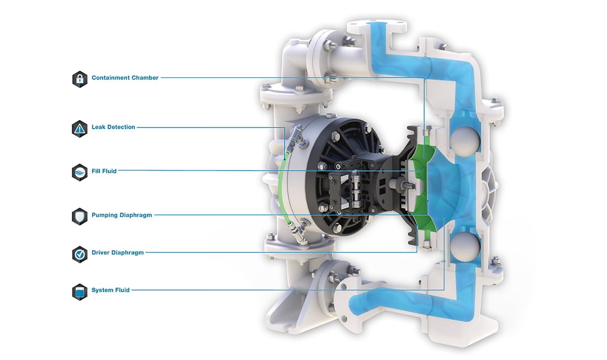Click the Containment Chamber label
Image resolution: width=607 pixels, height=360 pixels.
coord(125,78)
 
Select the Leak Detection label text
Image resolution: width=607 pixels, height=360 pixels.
coord(113,127)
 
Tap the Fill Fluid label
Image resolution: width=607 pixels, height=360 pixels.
coord(104,171)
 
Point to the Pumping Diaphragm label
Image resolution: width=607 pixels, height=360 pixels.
coord(122,215)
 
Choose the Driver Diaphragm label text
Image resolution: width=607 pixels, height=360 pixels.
coord(118,252)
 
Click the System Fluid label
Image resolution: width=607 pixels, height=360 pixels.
coord(110,290)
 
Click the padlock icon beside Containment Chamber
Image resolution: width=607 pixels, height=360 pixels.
coord(80,78)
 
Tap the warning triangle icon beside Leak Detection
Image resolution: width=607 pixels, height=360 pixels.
coord(80,128)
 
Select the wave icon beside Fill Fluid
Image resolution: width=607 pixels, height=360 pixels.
coord(80,172)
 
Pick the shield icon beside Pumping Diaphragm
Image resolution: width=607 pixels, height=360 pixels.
coord(80,216)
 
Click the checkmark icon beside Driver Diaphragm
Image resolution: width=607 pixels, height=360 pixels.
coord(80,253)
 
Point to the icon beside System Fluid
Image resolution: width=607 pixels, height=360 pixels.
coord(80,291)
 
